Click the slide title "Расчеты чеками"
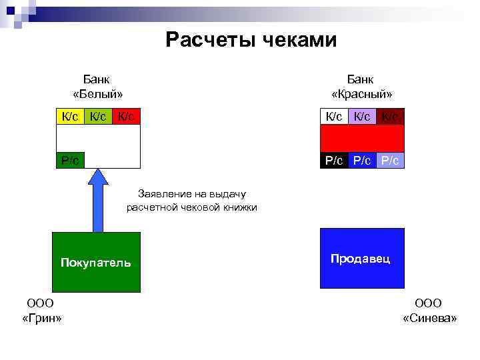pos(251,40)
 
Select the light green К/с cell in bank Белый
pos(98,117)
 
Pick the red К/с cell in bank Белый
pos(126,117)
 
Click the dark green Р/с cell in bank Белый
pos(70,160)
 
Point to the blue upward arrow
pos(98,200)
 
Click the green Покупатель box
pos(96,262)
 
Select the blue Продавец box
pos(361,259)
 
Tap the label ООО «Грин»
pos(41,311)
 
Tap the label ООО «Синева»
pos(429,311)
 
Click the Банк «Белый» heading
pos(97,86)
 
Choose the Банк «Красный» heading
pos(361,86)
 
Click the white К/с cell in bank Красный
pos(334,117)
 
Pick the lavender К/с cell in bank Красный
pos(362,117)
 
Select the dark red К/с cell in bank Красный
pos(390,117)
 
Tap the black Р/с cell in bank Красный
pos(334,160)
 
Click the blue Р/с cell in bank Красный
pos(362,160)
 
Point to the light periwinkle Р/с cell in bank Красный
pos(390,160)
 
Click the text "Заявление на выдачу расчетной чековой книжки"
pos(192,201)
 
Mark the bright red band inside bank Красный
pos(362,138)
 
